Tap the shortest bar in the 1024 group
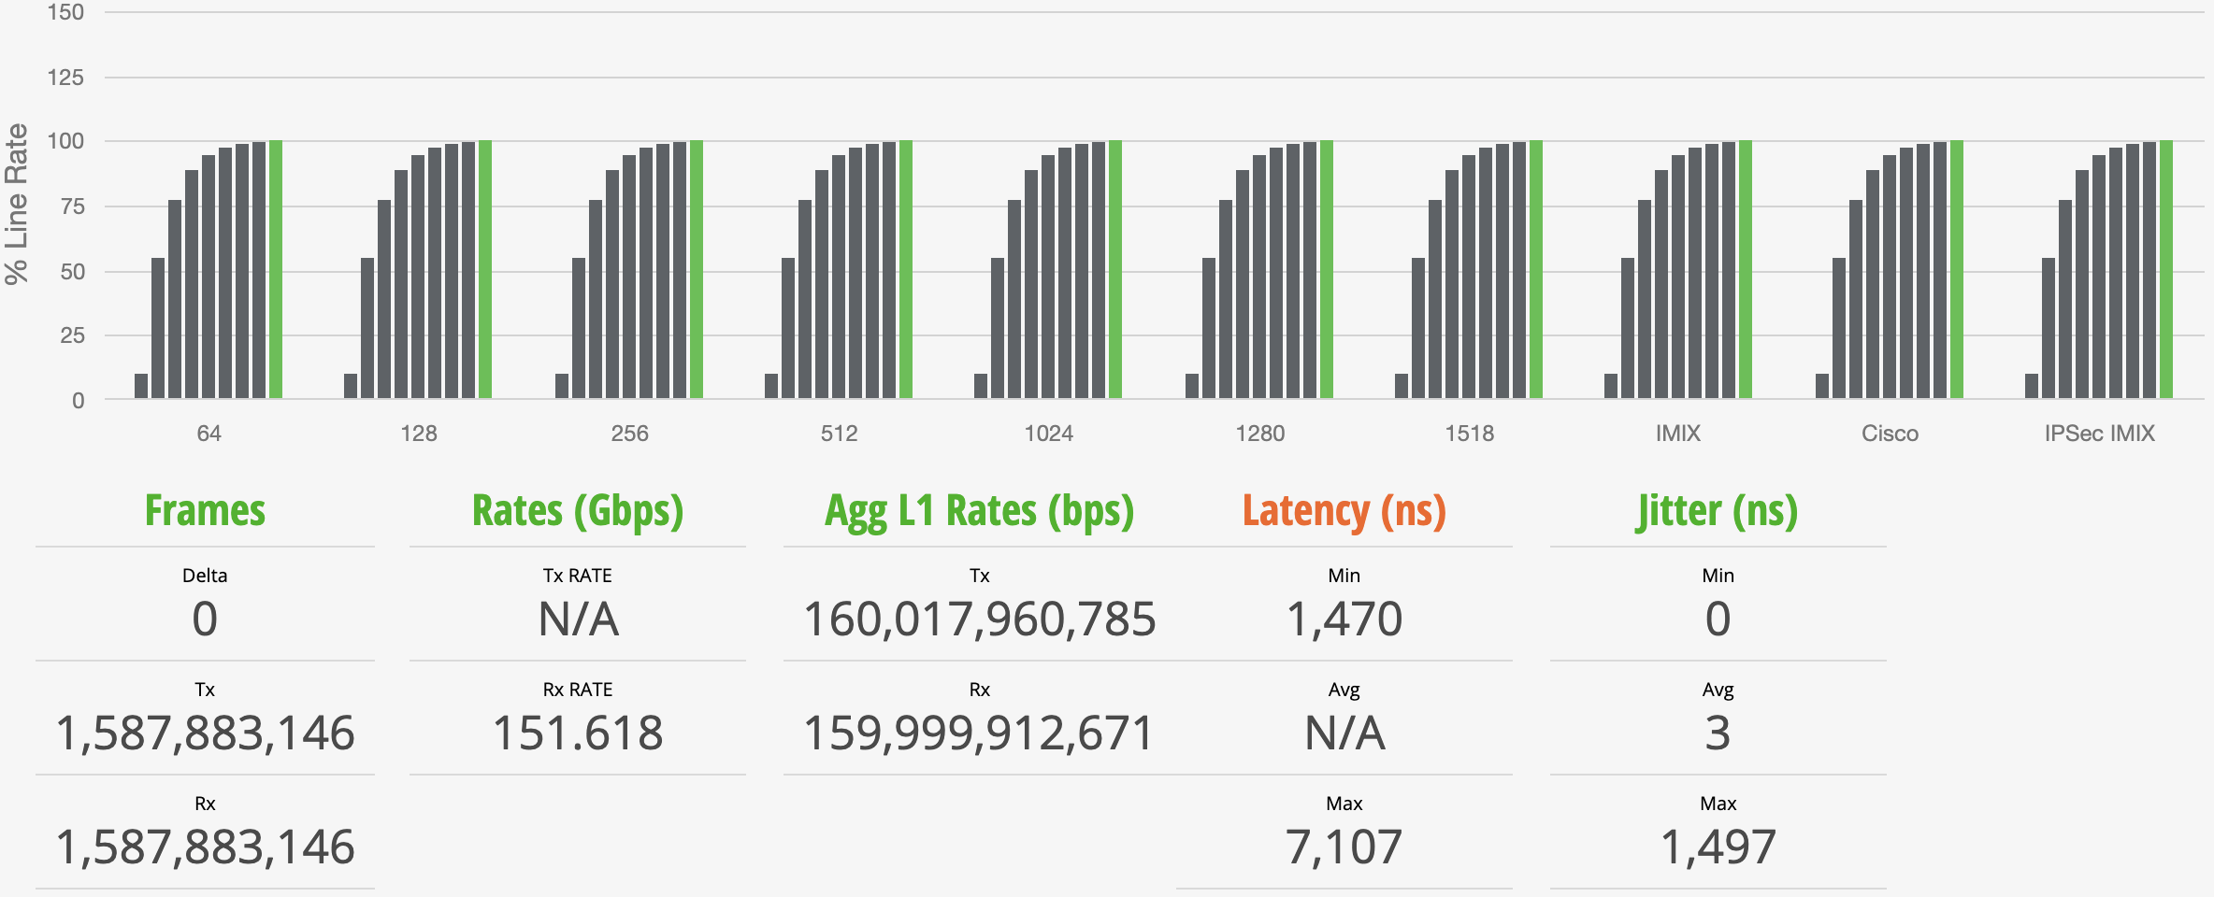[x=981, y=386]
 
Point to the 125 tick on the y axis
[x=65, y=78]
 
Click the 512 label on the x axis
[x=839, y=434]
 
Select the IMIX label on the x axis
[x=1678, y=434]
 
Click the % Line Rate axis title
[x=17, y=204]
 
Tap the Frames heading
[x=205, y=511]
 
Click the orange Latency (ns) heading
[x=1344, y=511]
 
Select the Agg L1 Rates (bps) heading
[x=979, y=511]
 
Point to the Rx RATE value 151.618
[x=578, y=733]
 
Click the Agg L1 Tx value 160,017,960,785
[x=979, y=619]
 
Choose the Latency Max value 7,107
[x=1344, y=847]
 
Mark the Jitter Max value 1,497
[x=1718, y=847]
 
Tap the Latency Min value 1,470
[x=1344, y=619]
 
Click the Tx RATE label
[x=578, y=576]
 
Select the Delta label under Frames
[x=205, y=576]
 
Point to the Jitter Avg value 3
[x=1718, y=733]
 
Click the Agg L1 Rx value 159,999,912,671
[x=979, y=733]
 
